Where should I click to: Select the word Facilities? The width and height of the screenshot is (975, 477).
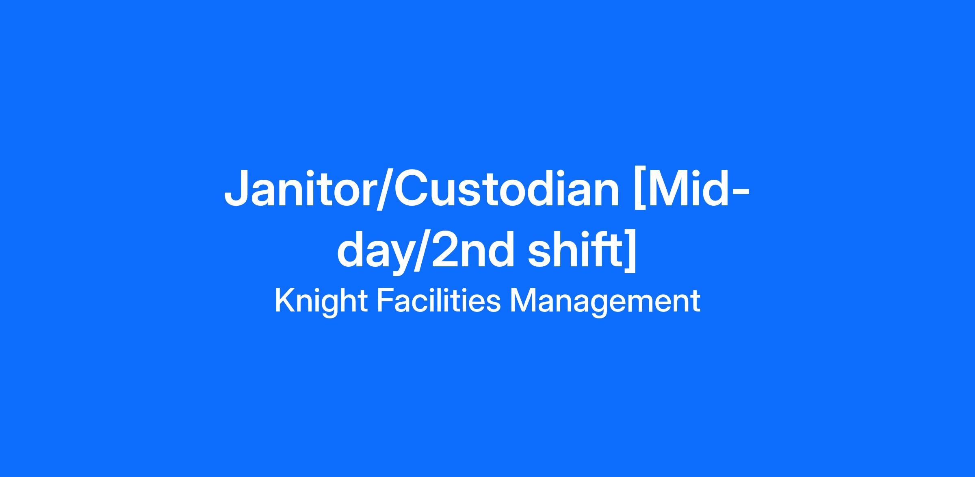tap(439, 301)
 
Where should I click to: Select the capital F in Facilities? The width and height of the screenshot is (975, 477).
tap(385, 301)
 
